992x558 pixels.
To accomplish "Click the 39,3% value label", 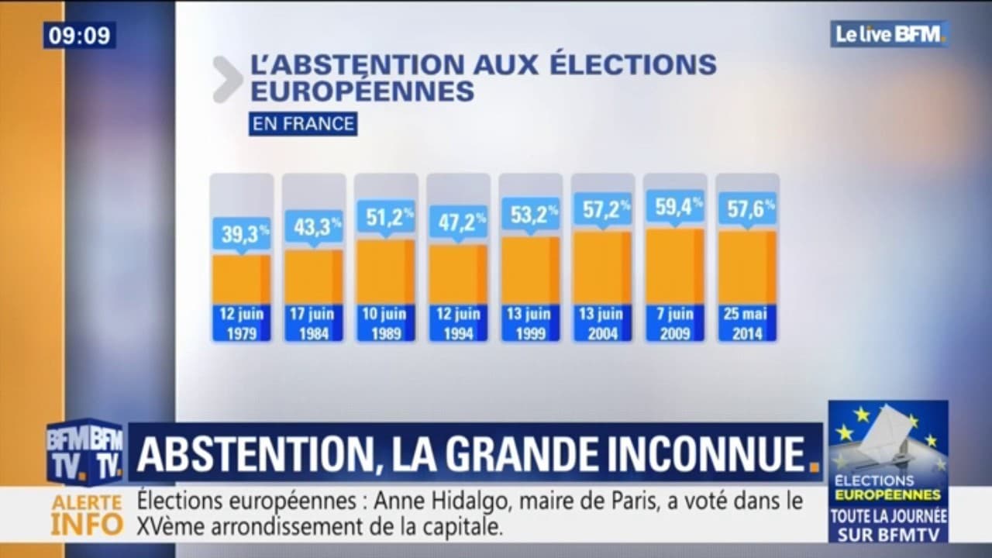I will [241, 233].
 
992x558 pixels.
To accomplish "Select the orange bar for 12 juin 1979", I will [241, 279].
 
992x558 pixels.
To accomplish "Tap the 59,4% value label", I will [674, 207].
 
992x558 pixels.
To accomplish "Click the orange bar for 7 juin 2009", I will [674, 266].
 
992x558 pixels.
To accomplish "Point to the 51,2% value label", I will [386, 216].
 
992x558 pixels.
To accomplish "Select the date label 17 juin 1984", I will [313, 324].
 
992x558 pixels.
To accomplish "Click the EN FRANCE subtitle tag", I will [303, 124].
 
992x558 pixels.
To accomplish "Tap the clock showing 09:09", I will [79, 35].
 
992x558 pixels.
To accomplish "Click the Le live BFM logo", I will [890, 33].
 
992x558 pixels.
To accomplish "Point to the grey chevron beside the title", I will [228, 79].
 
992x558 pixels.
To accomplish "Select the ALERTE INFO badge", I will [87, 515].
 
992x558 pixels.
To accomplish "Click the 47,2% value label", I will [458, 222].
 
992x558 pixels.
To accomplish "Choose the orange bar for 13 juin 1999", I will [530, 270].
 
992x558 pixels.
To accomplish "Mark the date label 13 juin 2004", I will [602, 324].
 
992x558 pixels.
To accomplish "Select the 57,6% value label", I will [747, 208].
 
